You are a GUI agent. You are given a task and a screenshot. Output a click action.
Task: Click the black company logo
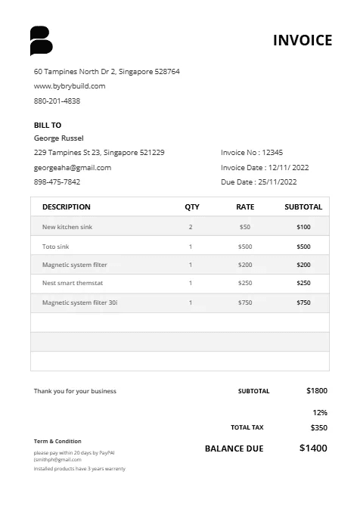41,41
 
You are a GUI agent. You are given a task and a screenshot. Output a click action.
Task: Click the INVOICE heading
303,41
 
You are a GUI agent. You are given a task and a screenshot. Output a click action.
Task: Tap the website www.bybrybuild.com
70,86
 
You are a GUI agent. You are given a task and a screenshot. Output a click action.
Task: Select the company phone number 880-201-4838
57,101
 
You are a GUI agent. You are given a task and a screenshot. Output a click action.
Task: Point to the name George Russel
59,138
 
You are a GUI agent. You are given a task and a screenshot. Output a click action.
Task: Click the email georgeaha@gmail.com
73,168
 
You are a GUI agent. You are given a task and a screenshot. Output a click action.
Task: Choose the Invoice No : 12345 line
252,153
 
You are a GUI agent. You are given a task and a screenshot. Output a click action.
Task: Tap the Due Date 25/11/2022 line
259,182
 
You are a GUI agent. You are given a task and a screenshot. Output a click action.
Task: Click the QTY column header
192,206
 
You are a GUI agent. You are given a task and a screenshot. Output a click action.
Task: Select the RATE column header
245,206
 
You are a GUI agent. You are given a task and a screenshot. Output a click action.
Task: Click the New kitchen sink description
67,227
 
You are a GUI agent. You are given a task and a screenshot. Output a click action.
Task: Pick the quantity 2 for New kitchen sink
191,227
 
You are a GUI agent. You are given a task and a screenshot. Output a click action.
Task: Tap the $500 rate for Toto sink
245,247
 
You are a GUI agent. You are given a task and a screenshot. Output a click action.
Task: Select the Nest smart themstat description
73,283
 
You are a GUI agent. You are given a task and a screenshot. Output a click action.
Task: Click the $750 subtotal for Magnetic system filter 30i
303,303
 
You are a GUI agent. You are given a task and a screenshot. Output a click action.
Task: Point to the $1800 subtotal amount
317,391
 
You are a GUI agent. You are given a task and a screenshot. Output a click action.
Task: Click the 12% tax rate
319,413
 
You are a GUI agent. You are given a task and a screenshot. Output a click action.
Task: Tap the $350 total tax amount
318,427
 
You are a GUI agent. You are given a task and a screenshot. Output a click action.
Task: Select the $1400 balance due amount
313,448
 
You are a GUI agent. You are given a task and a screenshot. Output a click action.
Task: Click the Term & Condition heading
57,441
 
